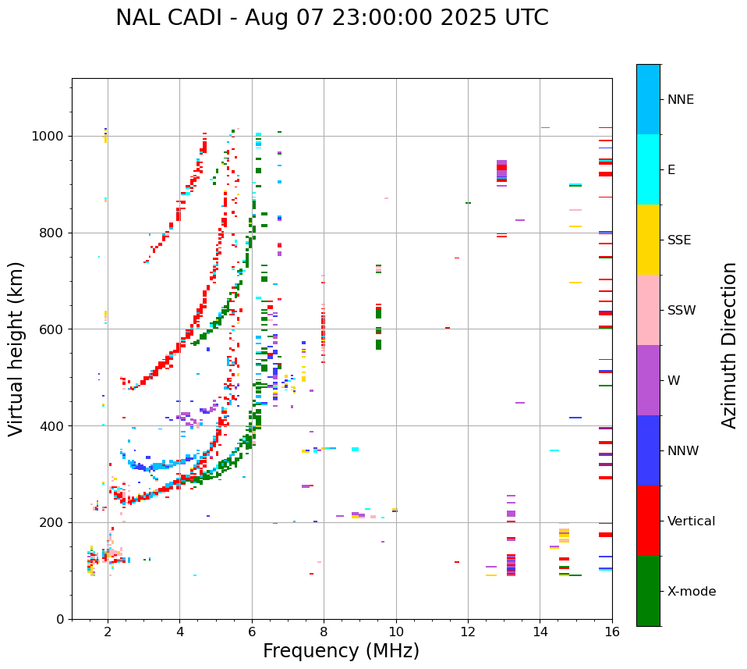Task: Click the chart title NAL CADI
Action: pyautogui.click(x=331, y=18)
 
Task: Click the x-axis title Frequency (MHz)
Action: pyautogui.click(x=341, y=651)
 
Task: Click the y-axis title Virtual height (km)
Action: pyautogui.click(x=16, y=348)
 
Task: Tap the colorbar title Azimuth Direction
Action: pyautogui.click(x=729, y=344)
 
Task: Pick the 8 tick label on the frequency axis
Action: pyautogui.click(x=324, y=632)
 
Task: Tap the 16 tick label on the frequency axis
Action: pyautogui.click(x=612, y=632)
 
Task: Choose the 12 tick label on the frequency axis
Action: pyautogui.click(x=468, y=632)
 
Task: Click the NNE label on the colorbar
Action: pyautogui.click(x=680, y=100)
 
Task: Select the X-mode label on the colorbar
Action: pyautogui.click(x=692, y=592)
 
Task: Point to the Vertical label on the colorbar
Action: pyautogui.click(x=691, y=521)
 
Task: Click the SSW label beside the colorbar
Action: pyautogui.click(x=682, y=311)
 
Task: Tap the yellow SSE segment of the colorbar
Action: pyautogui.click(x=648, y=240)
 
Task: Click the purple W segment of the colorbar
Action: pyautogui.click(x=648, y=380)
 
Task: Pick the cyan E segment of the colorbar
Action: pyautogui.click(x=648, y=169)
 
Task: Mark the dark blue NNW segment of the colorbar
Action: pyautogui.click(x=648, y=450)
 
